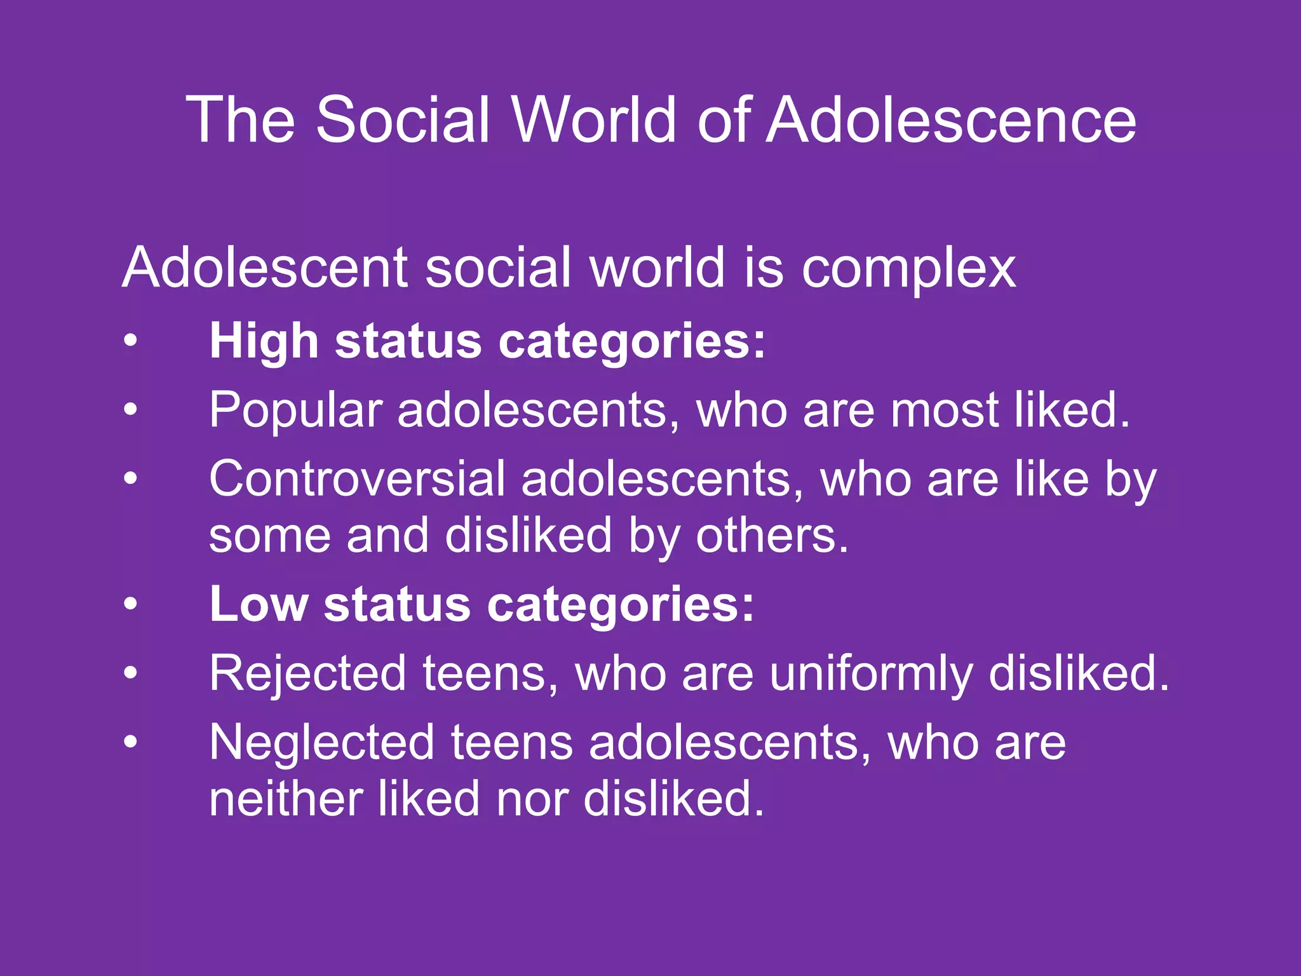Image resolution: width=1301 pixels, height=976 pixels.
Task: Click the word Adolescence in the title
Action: click(951, 120)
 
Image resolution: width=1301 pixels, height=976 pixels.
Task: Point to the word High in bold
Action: click(264, 342)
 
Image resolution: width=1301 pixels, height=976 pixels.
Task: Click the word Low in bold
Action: click(259, 604)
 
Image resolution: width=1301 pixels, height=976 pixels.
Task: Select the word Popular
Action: click(295, 410)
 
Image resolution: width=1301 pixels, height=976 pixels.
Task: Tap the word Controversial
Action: click(357, 479)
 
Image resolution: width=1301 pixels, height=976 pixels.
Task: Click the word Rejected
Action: click(307, 673)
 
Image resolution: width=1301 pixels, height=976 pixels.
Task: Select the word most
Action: click(944, 410)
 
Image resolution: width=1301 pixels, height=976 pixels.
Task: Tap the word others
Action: click(772, 536)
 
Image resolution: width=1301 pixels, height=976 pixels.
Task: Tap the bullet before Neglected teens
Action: click(130, 742)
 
